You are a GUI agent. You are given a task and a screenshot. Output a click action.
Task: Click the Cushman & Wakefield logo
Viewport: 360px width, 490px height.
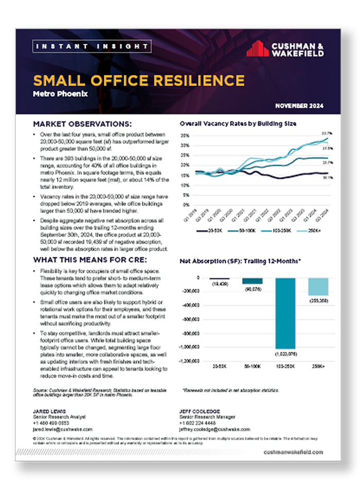click(284, 49)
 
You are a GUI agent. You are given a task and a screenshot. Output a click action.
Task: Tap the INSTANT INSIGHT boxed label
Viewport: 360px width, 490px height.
click(92, 46)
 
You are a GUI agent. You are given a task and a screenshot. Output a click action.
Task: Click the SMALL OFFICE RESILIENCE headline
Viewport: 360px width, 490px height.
click(138, 80)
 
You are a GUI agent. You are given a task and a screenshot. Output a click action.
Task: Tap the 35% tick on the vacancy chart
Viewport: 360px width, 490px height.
click(186, 135)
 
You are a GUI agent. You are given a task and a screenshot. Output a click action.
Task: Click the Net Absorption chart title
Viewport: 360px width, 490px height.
click(240, 261)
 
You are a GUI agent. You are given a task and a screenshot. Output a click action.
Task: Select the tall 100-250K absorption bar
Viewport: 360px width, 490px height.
click(285, 313)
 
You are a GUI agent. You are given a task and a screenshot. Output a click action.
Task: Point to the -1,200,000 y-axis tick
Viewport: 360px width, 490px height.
click(192, 361)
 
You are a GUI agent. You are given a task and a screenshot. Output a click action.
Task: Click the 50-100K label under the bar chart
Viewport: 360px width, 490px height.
click(252, 367)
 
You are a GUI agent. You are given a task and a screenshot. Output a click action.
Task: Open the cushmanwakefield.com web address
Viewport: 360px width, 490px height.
click(293, 451)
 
